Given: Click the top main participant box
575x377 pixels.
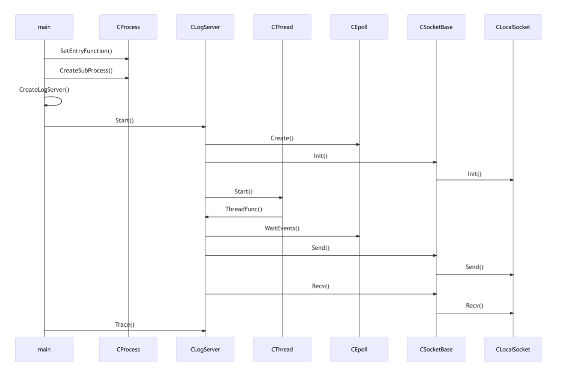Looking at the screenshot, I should click(44, 27).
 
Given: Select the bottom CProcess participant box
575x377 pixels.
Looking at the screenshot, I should click(128, 349).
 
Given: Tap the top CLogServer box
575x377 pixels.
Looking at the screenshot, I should click(205, 27).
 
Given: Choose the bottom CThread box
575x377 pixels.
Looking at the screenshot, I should click(282, 349).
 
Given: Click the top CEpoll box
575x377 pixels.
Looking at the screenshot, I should click(359, 27).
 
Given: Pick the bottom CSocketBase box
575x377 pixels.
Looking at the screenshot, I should click(436, 349).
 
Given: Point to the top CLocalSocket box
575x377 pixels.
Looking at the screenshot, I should click(513, 27).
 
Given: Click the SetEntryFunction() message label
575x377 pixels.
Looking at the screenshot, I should click(86, 51).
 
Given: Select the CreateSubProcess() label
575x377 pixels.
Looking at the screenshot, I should click(86, 71).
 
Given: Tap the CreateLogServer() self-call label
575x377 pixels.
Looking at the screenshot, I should click(44, 90).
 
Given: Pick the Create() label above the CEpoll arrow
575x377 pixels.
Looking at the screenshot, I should click(282, 138).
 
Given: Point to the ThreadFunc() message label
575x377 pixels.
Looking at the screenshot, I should click(244, 209).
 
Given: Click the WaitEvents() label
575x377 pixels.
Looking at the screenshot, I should click(282, 228).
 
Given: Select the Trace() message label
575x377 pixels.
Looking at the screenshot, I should click(124, 324).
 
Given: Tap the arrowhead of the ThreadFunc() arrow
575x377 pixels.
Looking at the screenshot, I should click(207, 217).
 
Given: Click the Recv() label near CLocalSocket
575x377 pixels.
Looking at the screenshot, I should click(475, 306).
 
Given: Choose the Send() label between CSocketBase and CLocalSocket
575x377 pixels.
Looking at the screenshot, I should click(475, 267).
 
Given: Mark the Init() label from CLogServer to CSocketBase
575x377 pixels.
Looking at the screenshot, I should click(320, 156).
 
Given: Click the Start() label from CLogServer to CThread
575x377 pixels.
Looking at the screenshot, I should click(244, 192).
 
